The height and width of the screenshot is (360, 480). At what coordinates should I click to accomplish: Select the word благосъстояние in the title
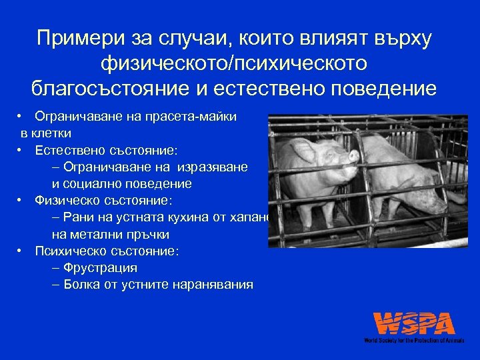[x=117, y=88]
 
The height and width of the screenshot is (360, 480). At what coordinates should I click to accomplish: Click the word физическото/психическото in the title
[x=234, y=63]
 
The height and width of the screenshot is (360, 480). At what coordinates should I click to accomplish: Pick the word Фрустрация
[x=100, y=268]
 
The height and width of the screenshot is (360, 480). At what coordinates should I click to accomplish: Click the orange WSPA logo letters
[x=414, y=323]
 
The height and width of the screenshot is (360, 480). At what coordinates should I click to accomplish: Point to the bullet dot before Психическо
[x=22, y=251]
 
